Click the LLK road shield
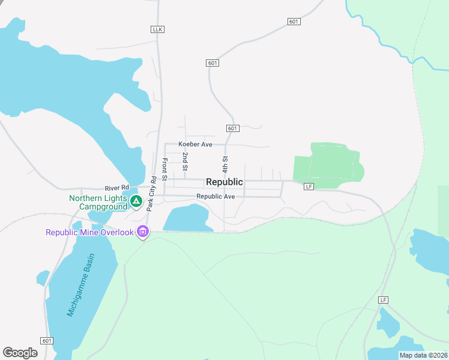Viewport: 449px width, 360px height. tap(158, 29)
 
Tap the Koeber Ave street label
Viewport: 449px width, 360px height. tap(196, 145)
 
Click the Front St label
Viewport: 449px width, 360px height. tap(164, 167)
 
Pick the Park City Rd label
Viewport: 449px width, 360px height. tap(152, 193)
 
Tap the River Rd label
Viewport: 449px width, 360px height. tap(117, 188)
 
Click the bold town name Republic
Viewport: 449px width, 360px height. tap(224, 182)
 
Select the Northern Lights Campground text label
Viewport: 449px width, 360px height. tap(98, 203)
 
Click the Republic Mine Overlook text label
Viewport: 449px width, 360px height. tap(89, 232)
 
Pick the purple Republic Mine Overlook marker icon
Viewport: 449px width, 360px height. tap(142, 231)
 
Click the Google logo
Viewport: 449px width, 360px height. tap(20, 353)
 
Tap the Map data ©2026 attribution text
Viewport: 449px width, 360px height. tap(423, 355)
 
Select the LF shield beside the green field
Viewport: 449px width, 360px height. tap(309, 187)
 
